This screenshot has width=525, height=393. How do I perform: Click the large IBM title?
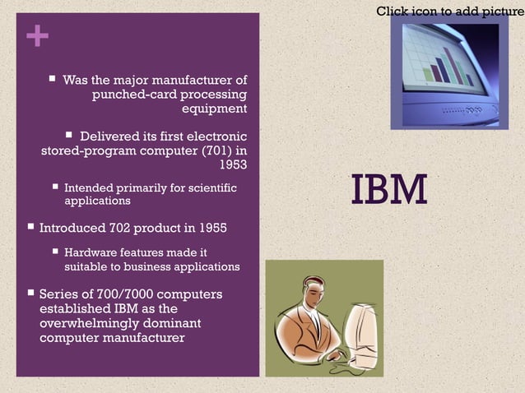tap(389, 189)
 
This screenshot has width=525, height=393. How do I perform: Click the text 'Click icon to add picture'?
tap(449, 11)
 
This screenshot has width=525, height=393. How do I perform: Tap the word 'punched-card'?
tap(132, 95)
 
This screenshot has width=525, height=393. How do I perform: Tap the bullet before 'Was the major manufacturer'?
tap(52, 80)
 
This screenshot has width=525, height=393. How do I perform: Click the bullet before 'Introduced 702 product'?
tap(30, 227)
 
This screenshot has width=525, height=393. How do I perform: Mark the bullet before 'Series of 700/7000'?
tap(30, 294)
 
